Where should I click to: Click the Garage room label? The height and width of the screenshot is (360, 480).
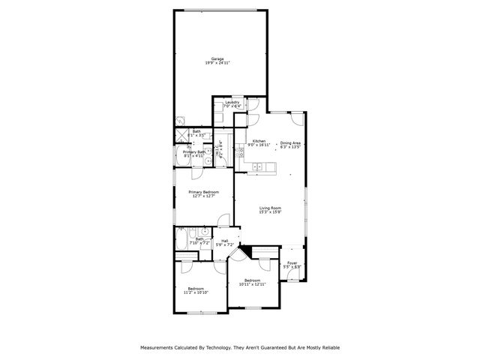[x=217, y=58]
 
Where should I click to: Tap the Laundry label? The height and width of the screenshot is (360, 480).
[x=231, y=102]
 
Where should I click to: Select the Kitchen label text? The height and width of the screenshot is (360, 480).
[x=259, y=141]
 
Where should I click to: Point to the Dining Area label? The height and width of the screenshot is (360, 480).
[x=290, y=142]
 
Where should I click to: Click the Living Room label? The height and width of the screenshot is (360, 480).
[x=270, y=208]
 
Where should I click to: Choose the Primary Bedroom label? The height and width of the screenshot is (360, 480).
[x=202, y=192]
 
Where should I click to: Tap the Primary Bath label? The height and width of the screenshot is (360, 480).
[x=194, y=152]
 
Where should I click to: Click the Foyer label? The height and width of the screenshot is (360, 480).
[x=292, y=262]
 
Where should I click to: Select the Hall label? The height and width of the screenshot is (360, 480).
[x=225, y=240]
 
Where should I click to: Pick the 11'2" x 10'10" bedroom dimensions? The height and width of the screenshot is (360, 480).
[x=196, y=292]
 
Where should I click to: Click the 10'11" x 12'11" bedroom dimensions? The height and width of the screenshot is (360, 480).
[x=253, y=283]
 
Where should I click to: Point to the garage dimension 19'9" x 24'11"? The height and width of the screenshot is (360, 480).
[x=217, y=63]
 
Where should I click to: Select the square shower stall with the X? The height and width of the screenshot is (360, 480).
[x=181, y=135]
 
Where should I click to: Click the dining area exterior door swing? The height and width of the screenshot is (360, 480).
[x=298, y=118]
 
